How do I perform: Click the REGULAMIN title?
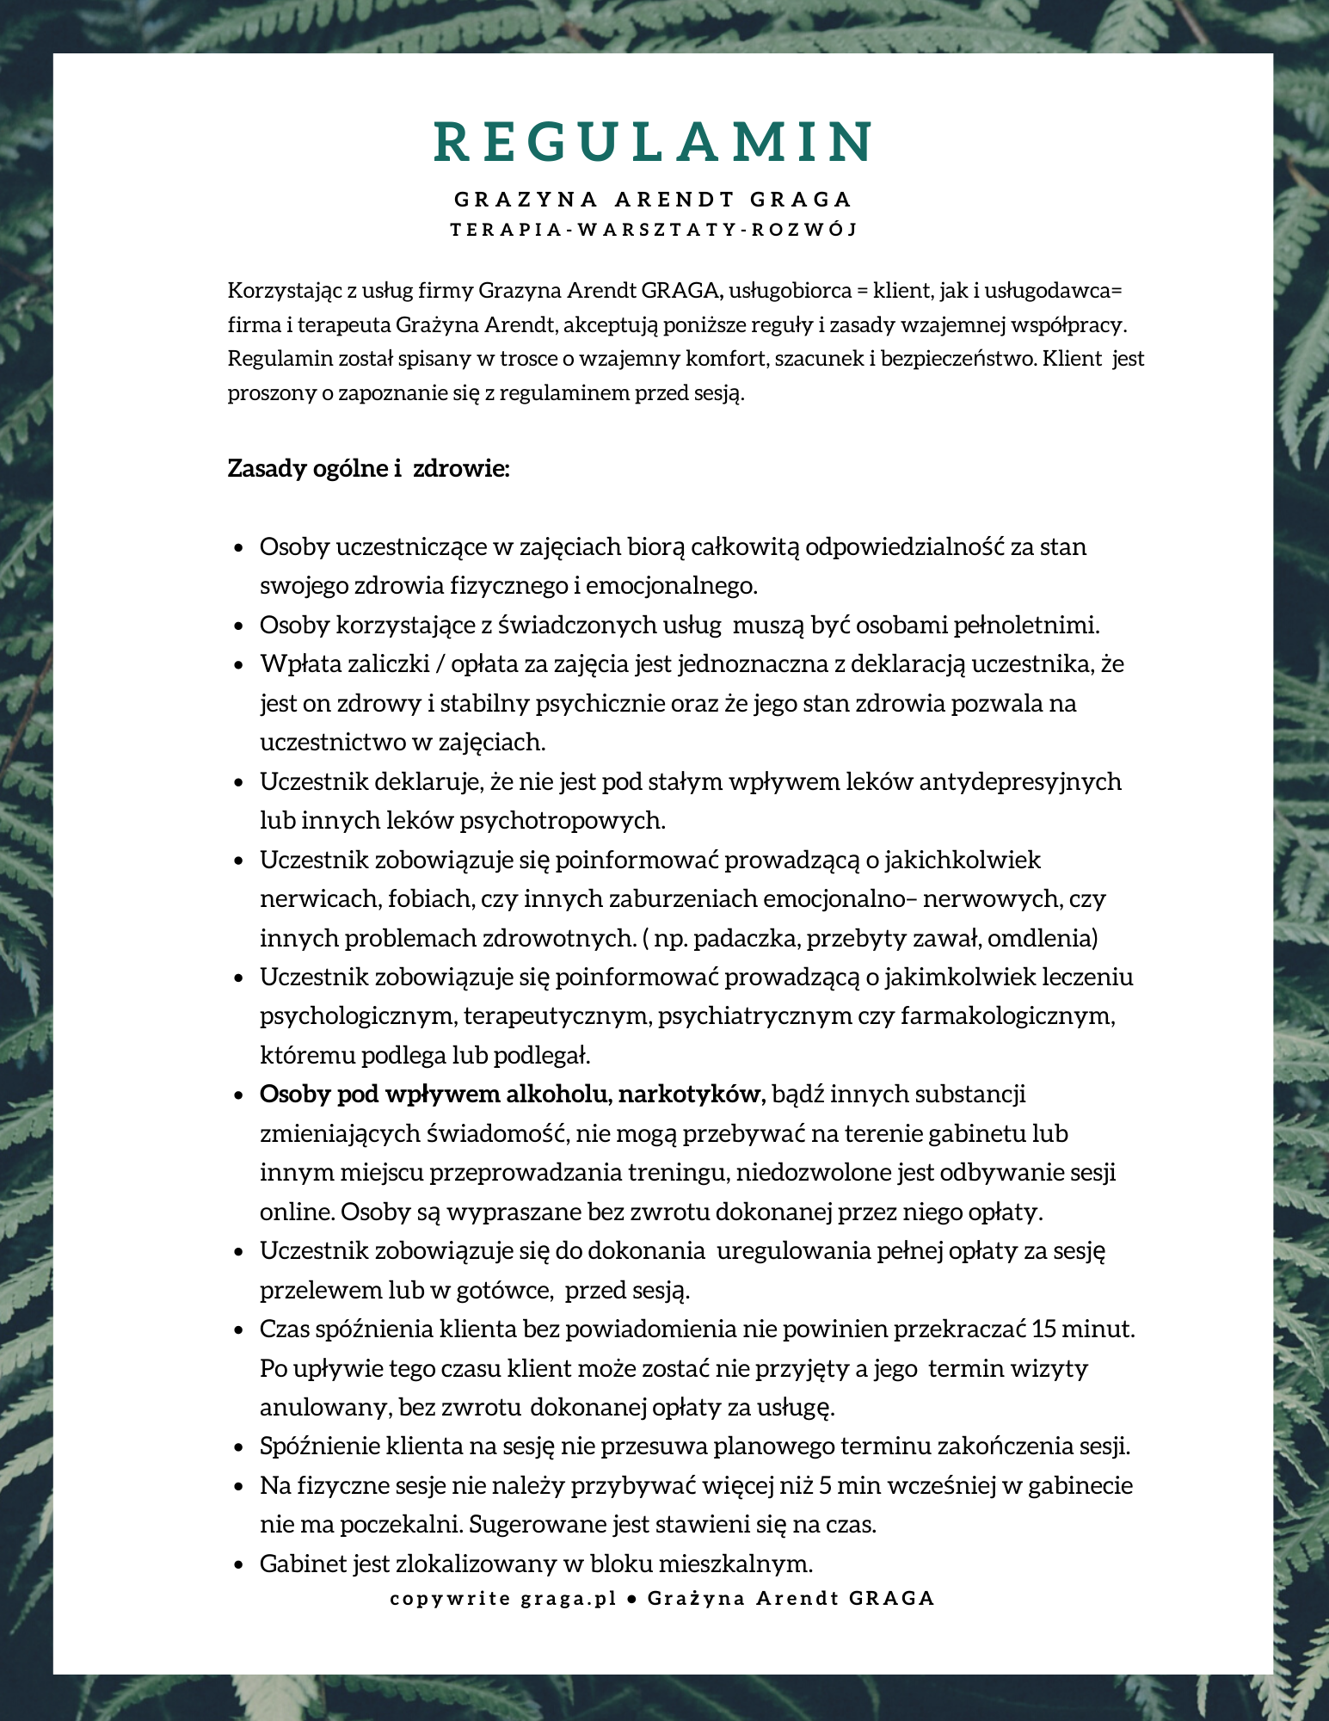(x=654, y=142)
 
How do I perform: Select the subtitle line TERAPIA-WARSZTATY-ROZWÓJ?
(x=654, y=230)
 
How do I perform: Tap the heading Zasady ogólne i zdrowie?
(x=369, y=469)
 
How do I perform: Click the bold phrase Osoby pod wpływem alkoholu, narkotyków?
(x=513, y=1095)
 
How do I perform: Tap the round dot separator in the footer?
(x=632, y=1599)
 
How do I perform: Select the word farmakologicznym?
(x=1007, y=1016)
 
